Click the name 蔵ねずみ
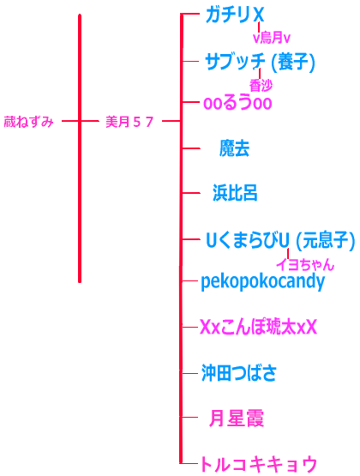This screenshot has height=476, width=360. [x=28, y=122]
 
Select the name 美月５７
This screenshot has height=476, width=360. [x=129, y=122]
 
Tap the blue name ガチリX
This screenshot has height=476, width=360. [x=235, y=15]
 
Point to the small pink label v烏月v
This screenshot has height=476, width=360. [x=272, y=38]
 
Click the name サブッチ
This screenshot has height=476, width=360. [x=235, y=62]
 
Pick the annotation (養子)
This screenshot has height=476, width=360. [x=292, y=62]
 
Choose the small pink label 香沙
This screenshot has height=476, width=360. [x=261, y=85]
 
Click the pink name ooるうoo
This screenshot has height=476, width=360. [x=237, y=103]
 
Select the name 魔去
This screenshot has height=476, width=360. [x=234, y=148]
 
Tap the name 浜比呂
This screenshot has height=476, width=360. [x=235, y=193]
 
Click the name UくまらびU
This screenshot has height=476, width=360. [x=248, y=241]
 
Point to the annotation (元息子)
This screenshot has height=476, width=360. [x=325, y=241]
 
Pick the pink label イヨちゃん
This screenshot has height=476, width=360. [x=305, y=265]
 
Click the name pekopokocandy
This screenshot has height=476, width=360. [x=262, y=282]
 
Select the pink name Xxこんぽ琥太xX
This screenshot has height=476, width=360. [x=258, y=328]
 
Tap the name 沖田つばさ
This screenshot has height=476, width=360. [x=239, y=373]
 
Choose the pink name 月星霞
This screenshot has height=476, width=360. [x=237, y=418]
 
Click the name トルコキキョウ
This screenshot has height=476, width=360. [x=258, y=464]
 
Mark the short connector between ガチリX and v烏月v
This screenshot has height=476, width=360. [x=259, y=27]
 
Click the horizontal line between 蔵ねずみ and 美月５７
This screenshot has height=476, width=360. [x=81, y=121]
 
